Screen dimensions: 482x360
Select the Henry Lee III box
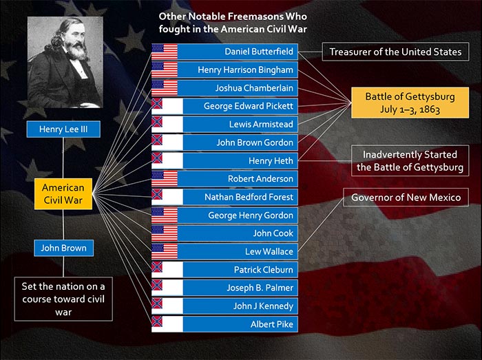coord(63,129)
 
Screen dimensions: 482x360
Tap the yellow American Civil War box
coord(63,194)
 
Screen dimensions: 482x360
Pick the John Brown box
coord(63,248)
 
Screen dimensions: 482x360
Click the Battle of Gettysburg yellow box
coord(410,103)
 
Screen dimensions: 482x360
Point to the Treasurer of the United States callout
coord(395,52)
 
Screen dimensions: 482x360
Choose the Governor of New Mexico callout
coord(406,197)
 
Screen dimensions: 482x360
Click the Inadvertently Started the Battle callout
coord(410,160)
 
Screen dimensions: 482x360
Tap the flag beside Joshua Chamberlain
coord(165,88)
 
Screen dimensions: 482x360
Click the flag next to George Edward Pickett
coord(167,106)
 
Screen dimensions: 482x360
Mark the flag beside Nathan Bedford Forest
coord(167,197)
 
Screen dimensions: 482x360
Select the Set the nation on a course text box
coord(63,299)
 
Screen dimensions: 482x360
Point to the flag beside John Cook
coord(165,233)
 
